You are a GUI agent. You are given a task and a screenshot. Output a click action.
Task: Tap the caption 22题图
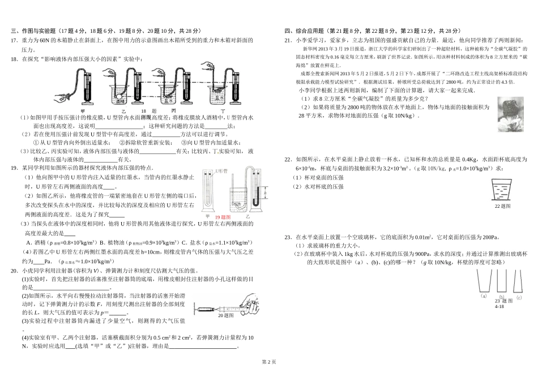click(x=502, y=207)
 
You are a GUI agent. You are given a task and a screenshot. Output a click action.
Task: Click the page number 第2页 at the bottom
click(x=268, y=361)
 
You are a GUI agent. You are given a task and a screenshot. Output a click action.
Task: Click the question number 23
click(x=288, y=238)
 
